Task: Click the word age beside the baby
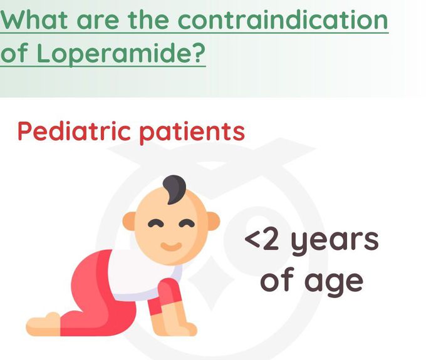(x=336, y=282)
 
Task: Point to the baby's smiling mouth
(x=170, y=244)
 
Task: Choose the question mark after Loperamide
(x=199, y=54)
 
